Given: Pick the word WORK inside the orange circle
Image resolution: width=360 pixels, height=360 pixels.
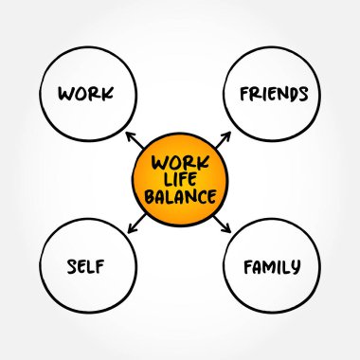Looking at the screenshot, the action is click(180, 161).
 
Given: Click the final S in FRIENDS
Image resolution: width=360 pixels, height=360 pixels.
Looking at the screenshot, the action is click(303, 94).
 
